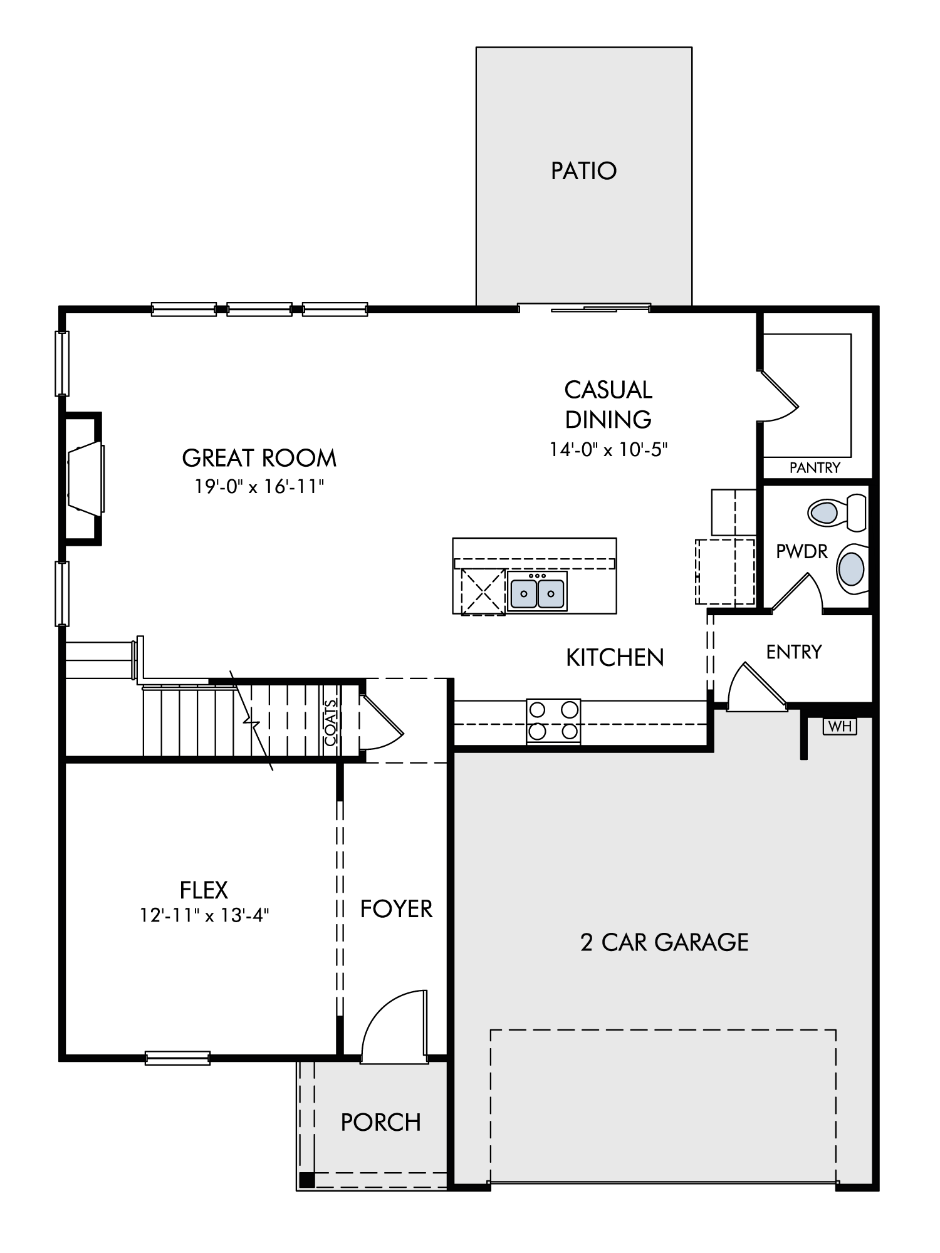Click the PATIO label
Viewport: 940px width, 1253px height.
583,170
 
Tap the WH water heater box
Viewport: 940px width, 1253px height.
840,726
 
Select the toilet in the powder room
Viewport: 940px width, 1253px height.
837,512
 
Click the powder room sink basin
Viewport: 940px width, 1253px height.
852,568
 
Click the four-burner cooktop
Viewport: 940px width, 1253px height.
553,720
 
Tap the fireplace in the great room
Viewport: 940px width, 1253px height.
85,479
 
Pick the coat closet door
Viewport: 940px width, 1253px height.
381,722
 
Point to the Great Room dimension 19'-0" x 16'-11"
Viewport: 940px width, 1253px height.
259,486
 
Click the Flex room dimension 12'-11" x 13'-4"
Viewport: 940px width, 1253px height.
204,915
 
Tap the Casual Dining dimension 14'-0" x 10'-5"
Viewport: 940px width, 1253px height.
608,449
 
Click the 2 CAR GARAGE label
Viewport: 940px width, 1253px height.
664,942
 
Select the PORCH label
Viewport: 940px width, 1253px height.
380,1122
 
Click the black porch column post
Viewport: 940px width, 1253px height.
306,1180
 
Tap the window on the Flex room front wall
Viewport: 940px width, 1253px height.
177,1058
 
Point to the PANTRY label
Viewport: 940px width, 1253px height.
815,467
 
